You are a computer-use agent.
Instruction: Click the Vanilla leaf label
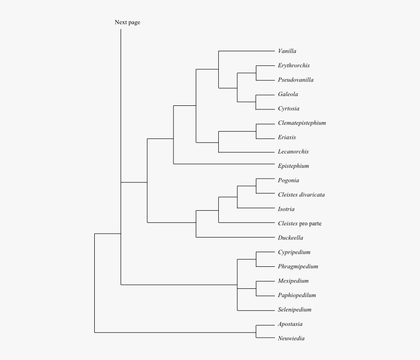(287, 51)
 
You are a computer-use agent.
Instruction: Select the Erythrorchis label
(294, 65)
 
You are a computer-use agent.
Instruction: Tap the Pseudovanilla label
(295, 80)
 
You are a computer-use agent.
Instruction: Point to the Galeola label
(288, 94)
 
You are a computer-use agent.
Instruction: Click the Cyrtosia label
(289, 109)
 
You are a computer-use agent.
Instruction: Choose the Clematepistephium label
(301, 123)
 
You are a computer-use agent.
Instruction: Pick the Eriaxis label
(287, 138)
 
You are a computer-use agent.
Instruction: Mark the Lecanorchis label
(293, 152)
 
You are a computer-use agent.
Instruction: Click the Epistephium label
(293, 166)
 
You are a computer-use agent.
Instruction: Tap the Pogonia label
(288, 180)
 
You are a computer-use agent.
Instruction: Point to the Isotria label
(286, 209)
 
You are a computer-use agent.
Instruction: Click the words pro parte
(311, 223)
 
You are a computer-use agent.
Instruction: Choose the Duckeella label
(291, 238)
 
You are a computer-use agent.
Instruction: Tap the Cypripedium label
(294, 252)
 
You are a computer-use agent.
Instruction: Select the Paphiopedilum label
(297, 296)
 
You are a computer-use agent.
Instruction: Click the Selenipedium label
(294, 310)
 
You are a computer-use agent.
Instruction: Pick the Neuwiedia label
(291, 339)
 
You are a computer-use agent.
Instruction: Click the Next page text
(127, 22)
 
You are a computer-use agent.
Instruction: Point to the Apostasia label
(291, 324)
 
